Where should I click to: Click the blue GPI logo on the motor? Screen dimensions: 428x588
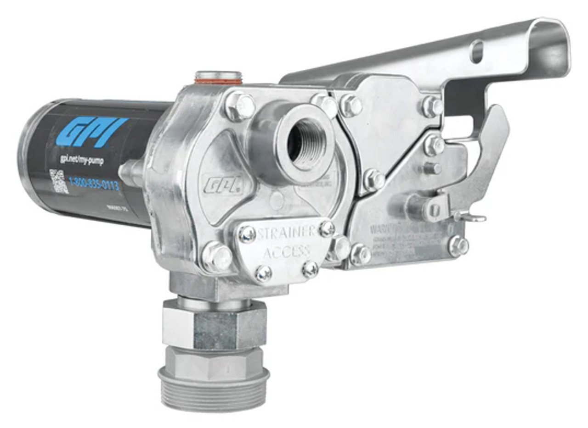(94, 131)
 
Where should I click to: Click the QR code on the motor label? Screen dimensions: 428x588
(59, 181)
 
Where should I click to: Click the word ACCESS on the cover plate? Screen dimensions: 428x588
(288, 250)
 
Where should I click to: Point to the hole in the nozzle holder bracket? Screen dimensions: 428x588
(477, 51)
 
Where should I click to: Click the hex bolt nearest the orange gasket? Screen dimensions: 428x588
(240, 106)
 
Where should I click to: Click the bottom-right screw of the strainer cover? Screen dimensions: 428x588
(310, 269)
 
